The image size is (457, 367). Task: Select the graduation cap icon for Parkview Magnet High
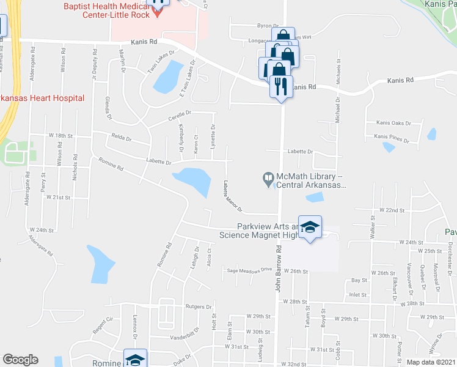pos(310,228)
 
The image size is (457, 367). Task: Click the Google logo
pos(21,359)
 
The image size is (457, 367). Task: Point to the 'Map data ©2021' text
pos(431,362)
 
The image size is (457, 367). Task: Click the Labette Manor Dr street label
pos(233,196)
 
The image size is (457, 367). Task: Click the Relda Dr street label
pos(122,138)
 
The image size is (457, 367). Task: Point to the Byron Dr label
pos(264,26)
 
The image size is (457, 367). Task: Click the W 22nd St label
pos(391,210)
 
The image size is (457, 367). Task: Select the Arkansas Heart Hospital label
pos(42,98)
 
